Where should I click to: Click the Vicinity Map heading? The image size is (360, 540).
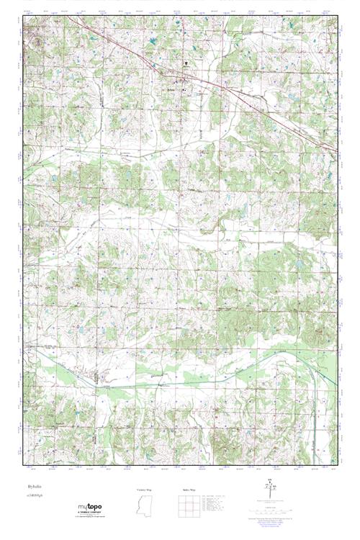point(145,490)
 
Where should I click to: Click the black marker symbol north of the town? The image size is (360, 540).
point(186,63)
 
